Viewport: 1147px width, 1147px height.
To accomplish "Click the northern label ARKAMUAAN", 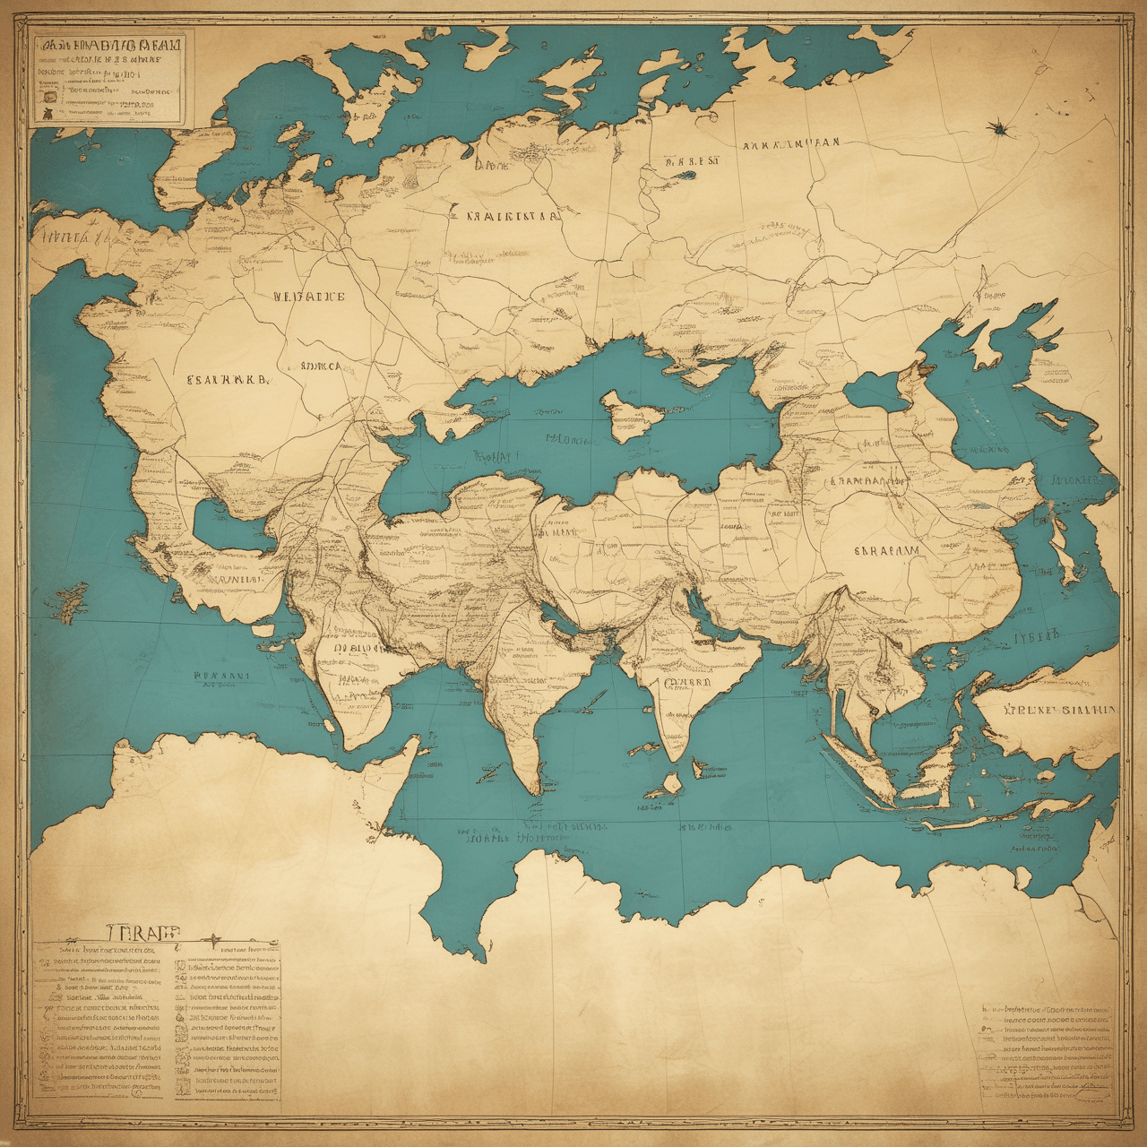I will coord(790,143).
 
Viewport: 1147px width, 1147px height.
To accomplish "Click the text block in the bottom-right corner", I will coord(1047,1050).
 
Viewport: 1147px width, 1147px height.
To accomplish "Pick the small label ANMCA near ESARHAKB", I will coord(320,366).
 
